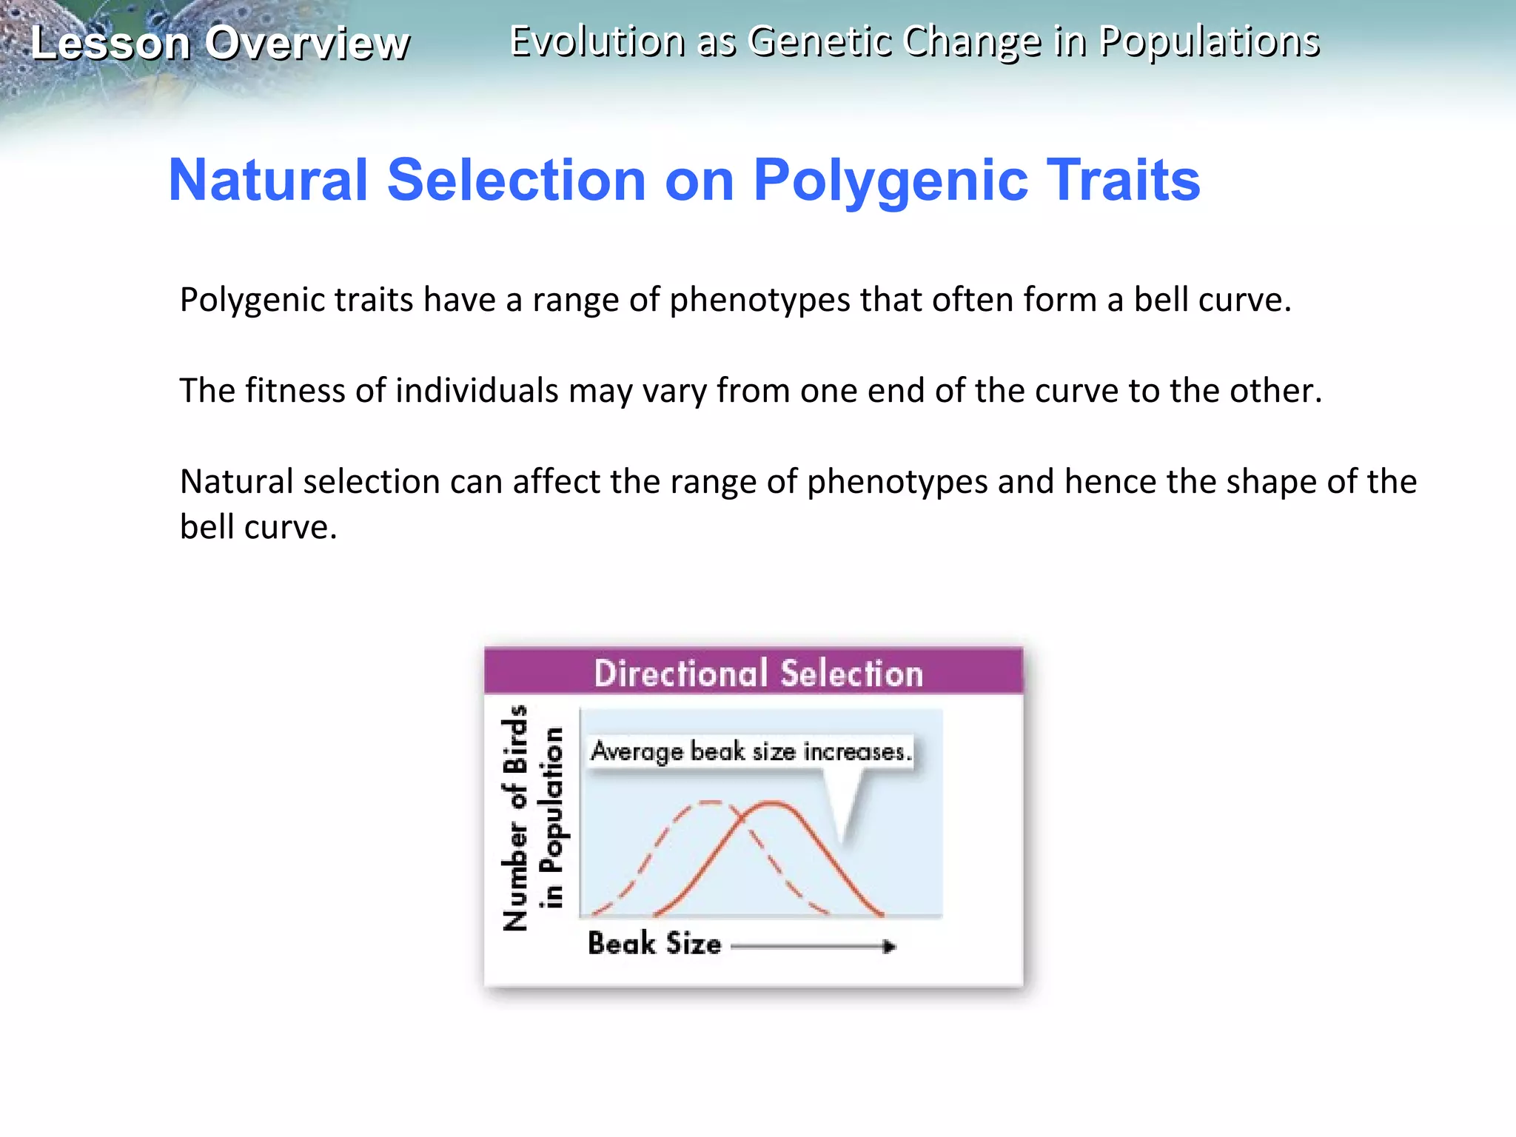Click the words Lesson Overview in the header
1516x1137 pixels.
pos(219,43)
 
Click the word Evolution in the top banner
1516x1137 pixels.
pos(597,41)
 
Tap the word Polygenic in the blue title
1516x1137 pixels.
pos(891,180)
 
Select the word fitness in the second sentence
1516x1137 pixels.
pos(295,391)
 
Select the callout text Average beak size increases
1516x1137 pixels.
pos(751,752)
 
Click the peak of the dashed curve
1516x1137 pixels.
pos(709,802)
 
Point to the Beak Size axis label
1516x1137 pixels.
pos(654,944)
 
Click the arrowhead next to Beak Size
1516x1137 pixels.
pos(890,946)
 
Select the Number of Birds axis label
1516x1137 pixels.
pos(515,818)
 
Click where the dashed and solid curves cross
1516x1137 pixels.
pos(741,817)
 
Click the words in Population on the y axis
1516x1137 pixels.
pos(551,818)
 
